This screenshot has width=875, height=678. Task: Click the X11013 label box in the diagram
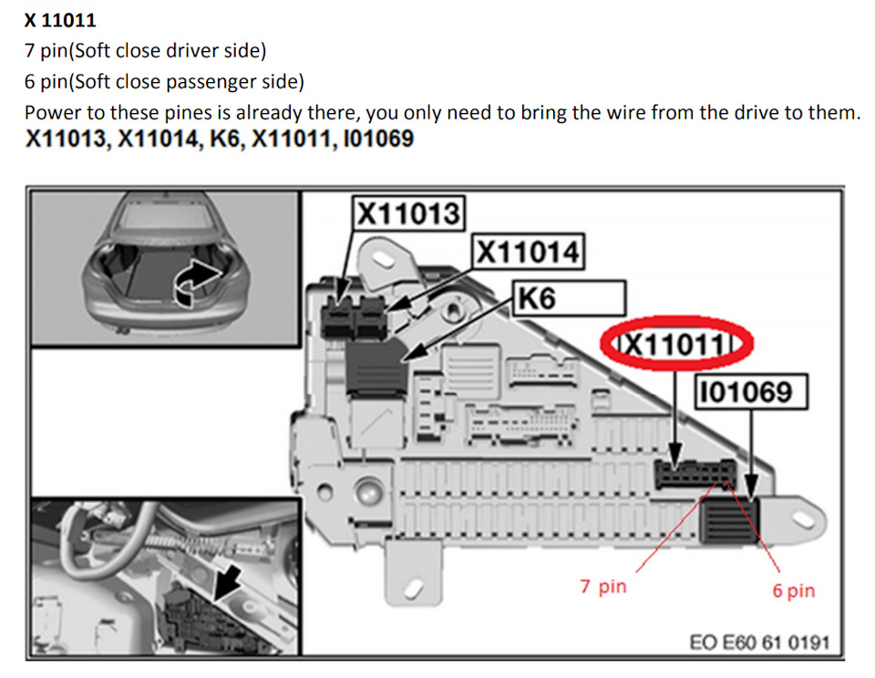(x=408, y=213)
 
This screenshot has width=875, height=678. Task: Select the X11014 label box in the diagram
(x=529, y=252)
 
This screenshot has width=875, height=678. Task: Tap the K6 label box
(x=569, y=299)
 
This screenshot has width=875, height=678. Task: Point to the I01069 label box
(x=750, y=392)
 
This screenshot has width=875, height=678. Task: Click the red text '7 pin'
(x=603, y=587)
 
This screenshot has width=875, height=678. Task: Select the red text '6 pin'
(x=794, y=591)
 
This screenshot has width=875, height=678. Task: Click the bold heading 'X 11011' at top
(x=60, y=20)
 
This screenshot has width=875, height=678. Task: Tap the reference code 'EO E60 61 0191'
(x=759, y=642)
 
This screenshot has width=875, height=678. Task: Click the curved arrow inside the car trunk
(x=195, y=282)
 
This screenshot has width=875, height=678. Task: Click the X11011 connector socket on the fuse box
(x=695, y=474)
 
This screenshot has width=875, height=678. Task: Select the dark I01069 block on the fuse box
(x=730, y=520)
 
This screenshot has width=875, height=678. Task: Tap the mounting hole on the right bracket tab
(x=802, y=520)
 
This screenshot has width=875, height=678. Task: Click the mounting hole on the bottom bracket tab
(x=414, y=587)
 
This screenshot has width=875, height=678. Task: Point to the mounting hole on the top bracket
(x=385, y=259)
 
